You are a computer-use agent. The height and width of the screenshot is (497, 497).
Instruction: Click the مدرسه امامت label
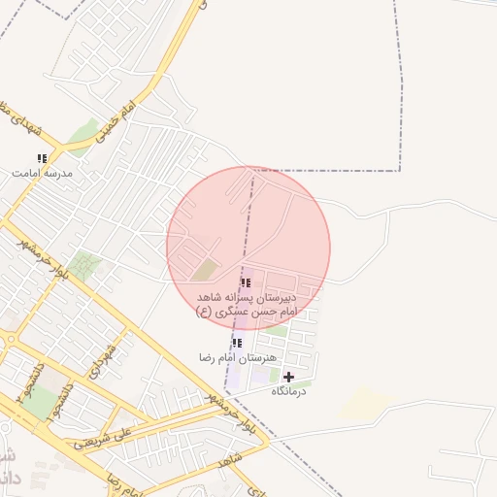42,173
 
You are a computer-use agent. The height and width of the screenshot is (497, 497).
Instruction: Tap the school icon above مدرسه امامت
42,158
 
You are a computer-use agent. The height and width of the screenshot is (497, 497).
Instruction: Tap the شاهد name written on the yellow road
230,461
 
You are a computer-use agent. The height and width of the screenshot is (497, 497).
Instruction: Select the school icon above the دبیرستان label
246,282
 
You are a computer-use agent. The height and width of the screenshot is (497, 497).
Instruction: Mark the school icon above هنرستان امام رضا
237,343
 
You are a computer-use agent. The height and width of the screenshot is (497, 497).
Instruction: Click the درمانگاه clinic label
288,390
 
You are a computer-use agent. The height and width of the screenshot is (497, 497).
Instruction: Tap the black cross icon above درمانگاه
288,376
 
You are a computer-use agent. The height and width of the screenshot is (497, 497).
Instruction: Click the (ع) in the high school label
204,312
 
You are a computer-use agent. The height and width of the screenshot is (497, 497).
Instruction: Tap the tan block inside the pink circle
205,269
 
